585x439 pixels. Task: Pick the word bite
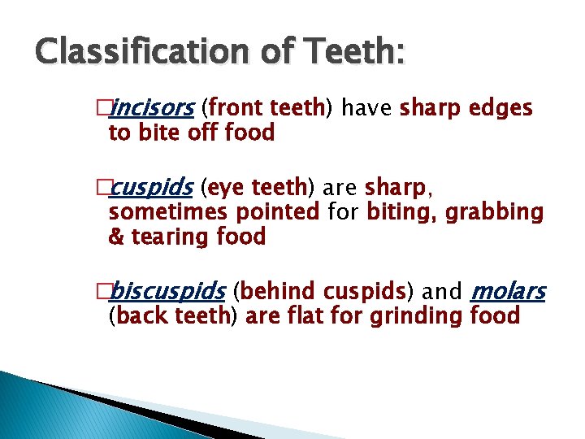tap(157, 133)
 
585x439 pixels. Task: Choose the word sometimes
tap(168, 213)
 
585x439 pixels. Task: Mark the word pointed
tap(278, 213)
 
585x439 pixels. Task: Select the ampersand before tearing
tap(115, 237)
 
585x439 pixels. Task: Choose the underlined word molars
tap(508, 291)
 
